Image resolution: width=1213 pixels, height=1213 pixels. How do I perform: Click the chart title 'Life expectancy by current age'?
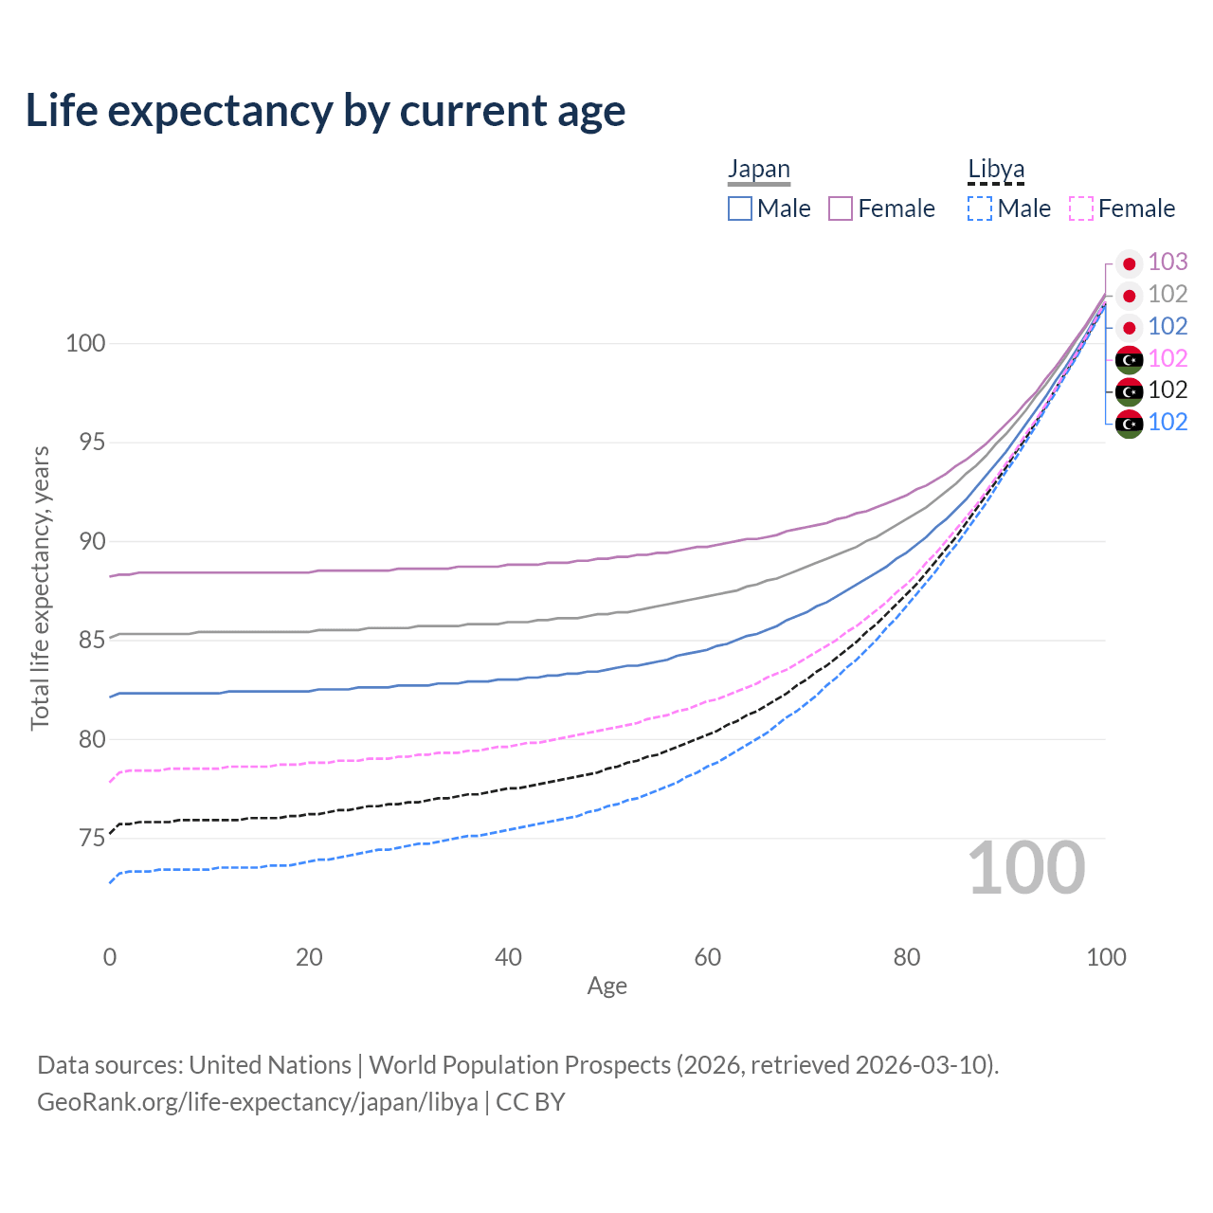point(325,111)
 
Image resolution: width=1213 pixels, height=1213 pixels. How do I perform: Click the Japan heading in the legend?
point(758,169)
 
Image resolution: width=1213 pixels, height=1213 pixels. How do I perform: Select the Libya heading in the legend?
point(996,169)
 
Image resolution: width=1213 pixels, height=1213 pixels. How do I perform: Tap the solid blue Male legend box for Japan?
point(740,208)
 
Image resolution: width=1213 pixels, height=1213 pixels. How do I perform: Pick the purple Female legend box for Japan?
point(841,208)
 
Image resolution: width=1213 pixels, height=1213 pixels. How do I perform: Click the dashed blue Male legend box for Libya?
point(980,208)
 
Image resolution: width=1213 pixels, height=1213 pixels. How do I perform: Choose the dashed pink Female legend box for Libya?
point(1081,208)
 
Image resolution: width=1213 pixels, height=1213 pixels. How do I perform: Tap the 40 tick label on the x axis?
point(509,957)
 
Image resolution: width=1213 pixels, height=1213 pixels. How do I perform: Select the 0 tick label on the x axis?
point(110,957)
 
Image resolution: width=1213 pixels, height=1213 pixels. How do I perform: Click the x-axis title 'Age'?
point(606,987)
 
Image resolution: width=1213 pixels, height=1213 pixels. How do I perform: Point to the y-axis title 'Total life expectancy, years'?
point(40,588)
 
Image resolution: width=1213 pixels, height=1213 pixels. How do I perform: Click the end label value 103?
point(1168,262)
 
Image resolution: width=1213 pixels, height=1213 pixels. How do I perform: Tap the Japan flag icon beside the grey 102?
point(1129,296)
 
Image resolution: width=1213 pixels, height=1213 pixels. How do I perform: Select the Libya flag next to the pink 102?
point(1129,359)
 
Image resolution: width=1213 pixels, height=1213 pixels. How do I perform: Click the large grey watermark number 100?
point(1026,868)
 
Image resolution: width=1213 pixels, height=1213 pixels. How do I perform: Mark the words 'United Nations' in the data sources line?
point(270,1065)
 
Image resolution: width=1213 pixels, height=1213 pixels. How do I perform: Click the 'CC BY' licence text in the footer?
point(531,1102)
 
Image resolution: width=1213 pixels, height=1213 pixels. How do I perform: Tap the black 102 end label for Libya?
point(1168,389)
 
